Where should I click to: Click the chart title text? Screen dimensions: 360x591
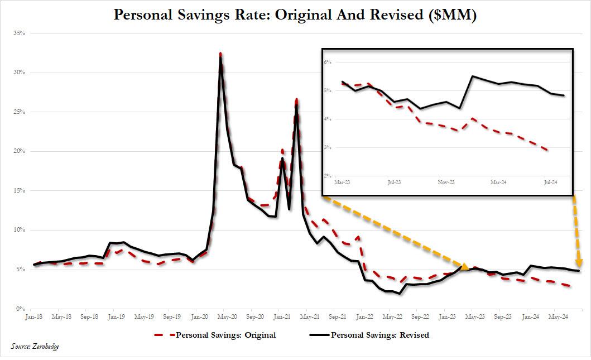(295, 15)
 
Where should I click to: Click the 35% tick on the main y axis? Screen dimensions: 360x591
(20, 33)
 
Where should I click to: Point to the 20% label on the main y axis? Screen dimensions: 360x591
(20, 151)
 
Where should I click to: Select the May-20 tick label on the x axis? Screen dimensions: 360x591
(227, 316)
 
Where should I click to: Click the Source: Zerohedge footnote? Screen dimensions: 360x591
(35, 347)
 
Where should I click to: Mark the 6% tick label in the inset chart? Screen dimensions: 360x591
(328, 62)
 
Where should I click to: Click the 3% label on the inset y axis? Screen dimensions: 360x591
(328, 148)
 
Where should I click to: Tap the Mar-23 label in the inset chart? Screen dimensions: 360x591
(342, 182)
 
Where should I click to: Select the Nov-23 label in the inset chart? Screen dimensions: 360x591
(444, 182)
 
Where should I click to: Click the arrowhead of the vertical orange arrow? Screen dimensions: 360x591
(579, 263)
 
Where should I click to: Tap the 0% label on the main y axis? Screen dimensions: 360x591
(21, 309)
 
